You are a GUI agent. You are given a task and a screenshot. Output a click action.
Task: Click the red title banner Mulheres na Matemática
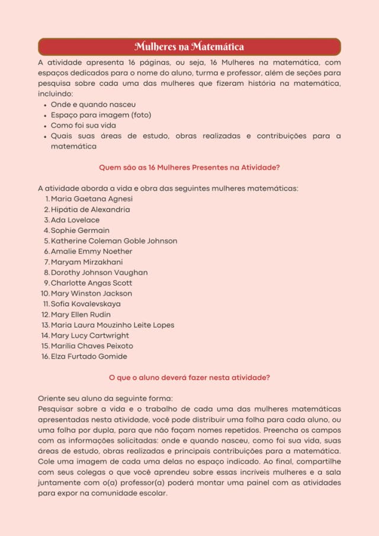click(189, 47)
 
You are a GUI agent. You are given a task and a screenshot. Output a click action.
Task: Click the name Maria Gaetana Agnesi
click(92, 199)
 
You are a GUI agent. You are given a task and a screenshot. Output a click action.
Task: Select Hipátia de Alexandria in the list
click(91, 210)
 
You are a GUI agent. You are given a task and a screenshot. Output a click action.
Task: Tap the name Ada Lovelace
click(75, 220)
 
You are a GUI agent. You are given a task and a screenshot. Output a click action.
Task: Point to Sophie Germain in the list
click(80, 230)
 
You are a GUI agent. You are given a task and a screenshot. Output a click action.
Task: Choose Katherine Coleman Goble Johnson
click(114, 241)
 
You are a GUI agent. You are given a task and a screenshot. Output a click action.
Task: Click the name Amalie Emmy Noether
click(91, 252)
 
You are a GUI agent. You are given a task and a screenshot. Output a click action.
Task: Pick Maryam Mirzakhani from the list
click(87, 262)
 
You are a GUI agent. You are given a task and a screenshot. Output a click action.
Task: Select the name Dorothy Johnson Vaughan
click(99, 272)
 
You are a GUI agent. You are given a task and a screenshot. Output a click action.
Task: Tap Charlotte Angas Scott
click(91, 283)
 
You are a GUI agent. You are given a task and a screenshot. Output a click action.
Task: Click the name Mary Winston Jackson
click(91, 294)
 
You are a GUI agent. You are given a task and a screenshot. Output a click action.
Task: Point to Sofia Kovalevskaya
click(85, 304)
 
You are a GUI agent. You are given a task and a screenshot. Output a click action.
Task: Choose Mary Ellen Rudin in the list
click(81, 314)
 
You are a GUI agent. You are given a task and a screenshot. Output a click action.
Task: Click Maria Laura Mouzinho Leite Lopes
click(113, 325)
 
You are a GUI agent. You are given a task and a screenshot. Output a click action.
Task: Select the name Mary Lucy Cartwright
click(89, 336)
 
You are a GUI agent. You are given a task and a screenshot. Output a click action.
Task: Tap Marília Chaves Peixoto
click(92, 346)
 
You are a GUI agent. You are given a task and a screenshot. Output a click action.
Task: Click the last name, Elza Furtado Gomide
click(89, 357)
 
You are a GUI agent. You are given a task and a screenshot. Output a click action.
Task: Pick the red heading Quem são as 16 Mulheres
click(189, 168)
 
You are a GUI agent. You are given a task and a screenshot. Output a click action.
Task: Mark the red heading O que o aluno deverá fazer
click(189, 377)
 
